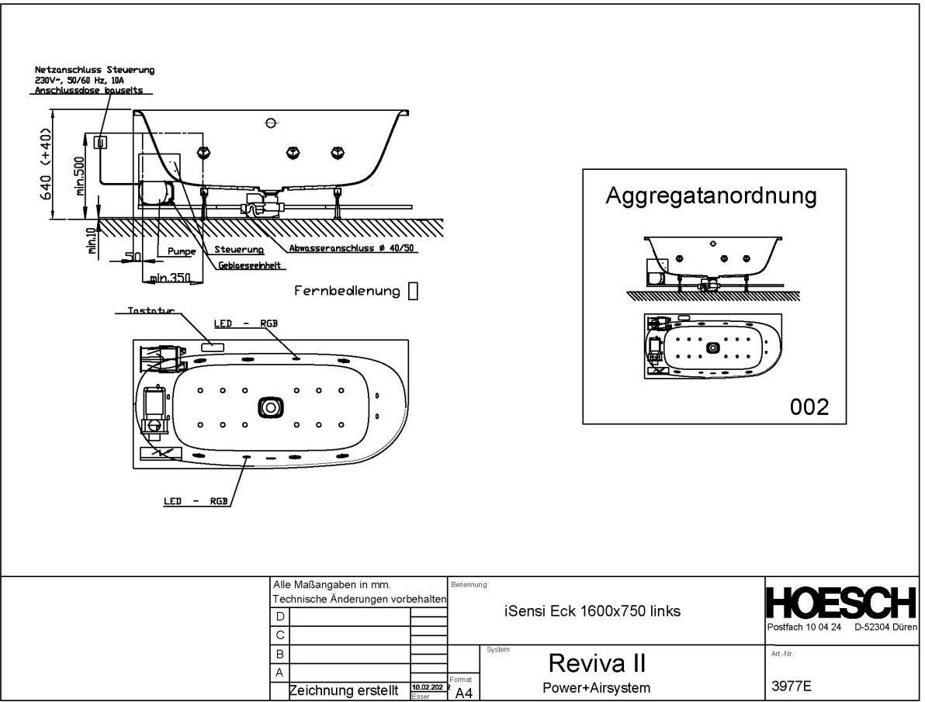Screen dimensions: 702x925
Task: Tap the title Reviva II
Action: pos(598,663)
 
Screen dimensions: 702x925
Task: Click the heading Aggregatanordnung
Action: pos(711,195)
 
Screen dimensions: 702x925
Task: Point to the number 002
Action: pos(809,407)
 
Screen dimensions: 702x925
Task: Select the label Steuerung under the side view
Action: pos(239,251)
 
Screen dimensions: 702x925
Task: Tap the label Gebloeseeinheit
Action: pos(251,265)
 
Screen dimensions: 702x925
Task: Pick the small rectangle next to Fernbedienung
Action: pos(413,291)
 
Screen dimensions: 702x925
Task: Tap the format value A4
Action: pos(464,693)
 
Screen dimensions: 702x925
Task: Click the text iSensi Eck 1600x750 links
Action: pos(592,611)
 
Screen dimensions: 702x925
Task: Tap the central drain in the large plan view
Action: pos(270,407)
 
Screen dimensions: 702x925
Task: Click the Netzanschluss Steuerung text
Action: pos(95,71)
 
